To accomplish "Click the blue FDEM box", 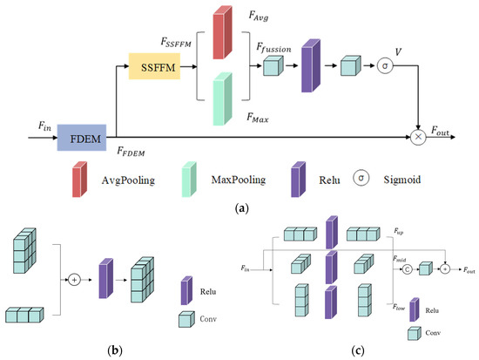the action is (82, 138).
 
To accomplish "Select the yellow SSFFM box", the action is (154, 66).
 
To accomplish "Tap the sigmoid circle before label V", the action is (385, 65).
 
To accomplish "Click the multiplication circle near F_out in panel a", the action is (418, 137).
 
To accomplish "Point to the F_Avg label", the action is (259, 16).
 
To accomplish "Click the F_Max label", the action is (258, 118).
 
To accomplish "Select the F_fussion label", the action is (273, 48).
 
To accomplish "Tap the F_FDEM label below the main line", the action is (131, 151).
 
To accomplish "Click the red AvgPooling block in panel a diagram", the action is (222, 32).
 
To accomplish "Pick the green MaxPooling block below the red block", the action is (222, 98).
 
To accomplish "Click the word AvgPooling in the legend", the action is (128, 180).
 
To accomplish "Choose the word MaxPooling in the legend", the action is (239, 180).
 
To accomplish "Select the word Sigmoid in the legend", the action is (402, 180).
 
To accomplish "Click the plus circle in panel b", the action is (74, 280).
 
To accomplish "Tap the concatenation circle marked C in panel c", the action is (407, 269).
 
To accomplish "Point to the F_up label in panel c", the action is (398, 231).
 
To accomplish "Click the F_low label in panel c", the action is (399, 307).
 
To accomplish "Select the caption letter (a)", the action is (242, 208).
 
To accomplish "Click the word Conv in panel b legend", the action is (208, 319).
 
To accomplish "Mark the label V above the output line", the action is (398, 52).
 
